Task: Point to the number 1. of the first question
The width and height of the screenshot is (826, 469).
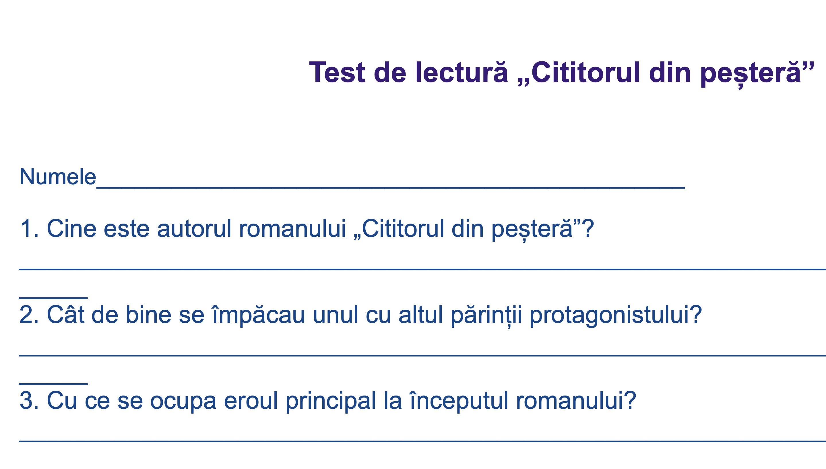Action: coord(29,228)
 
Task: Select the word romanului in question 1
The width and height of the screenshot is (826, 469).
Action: coord(292,228)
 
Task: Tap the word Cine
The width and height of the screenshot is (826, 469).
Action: coord(71,228)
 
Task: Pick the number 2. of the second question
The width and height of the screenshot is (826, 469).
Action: coord(29,314)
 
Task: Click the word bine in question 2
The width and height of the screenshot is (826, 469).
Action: coord(148,314)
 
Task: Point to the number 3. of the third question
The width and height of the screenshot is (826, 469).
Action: coord(29,400)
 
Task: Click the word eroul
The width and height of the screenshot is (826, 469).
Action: coord(251,400)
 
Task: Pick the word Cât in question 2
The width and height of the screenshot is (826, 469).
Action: coord(66,314)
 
